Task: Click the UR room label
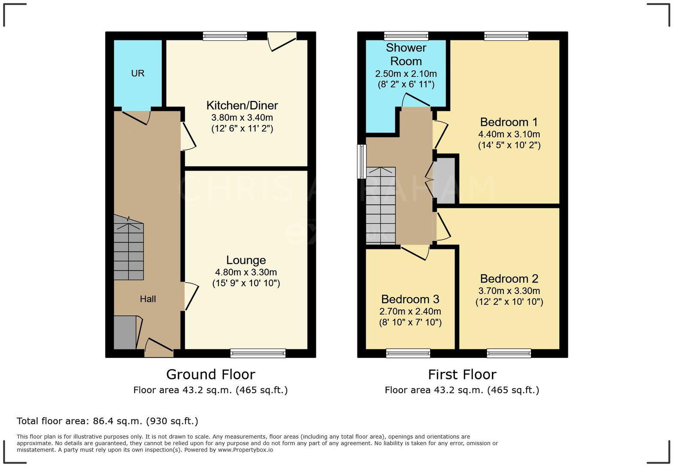137,73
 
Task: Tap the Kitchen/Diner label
242,106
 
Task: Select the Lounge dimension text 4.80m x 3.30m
246,272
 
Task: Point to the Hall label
148,299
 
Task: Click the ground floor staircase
128,251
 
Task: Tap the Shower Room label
406,55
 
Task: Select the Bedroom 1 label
509,122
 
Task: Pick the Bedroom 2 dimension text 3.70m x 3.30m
509,291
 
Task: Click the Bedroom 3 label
410,299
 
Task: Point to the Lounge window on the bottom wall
258,353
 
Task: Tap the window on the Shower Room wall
406,36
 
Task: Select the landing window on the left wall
362,161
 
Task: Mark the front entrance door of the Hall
159,348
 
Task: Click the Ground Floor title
210,374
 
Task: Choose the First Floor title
462,374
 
